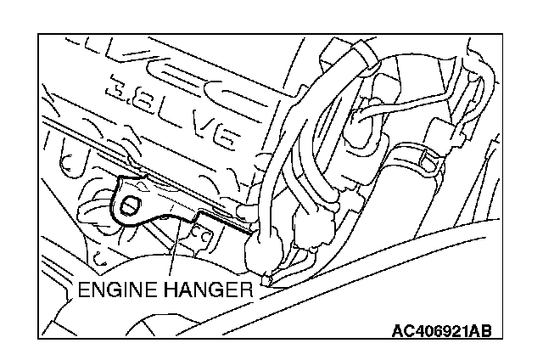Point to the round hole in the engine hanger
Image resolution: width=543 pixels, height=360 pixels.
point(131,205)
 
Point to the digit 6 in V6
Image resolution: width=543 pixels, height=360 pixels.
point(227,141)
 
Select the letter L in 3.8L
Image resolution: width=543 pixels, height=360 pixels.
point(169,111)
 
